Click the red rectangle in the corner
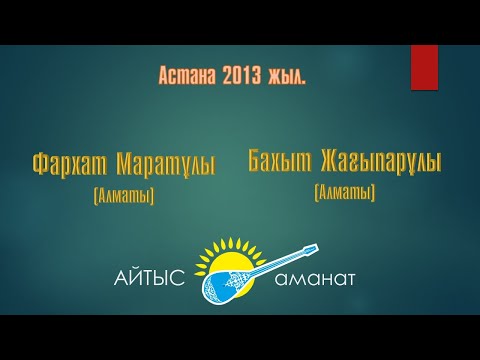(424, 68)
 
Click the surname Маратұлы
(165, 163)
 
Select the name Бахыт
(280, 159)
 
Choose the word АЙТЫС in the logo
(151, 278)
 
